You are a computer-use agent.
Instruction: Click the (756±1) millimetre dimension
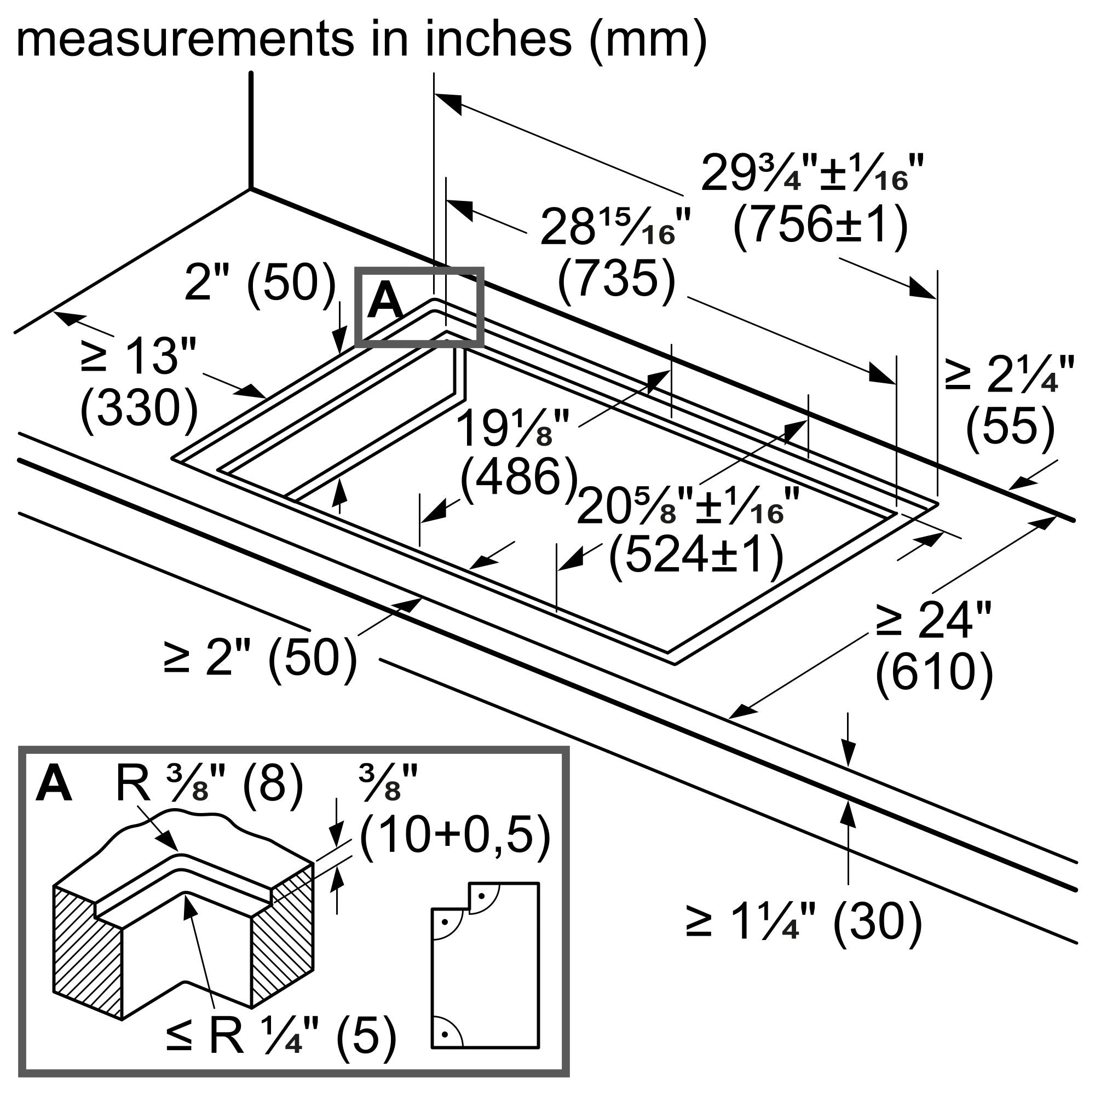pos(820,226)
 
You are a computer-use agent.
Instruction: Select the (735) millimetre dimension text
pos(616,279)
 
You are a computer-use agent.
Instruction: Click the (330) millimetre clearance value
pos(140,409)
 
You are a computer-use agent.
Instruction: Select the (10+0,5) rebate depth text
pos(455,836)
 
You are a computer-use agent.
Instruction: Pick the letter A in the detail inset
pos(53,786)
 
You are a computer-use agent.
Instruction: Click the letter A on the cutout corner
pos(385,302)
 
